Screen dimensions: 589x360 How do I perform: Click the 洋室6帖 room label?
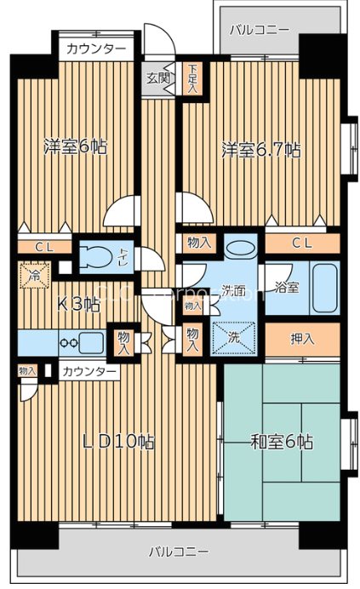[x=76, y=146]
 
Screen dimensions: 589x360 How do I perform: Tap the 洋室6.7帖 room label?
[x=261, y=150]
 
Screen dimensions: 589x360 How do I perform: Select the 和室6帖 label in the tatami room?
[x=282, y=442]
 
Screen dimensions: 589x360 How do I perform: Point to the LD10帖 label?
[x=117, y=442]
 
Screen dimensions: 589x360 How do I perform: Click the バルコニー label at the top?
[x=260, y=28]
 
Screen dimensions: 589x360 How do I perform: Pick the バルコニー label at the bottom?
[x=179, y=552]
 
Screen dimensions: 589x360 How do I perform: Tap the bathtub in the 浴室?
[x=323, y=288]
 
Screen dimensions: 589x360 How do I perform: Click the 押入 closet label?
[x=302, y=339]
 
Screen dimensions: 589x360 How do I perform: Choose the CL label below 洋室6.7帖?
[x=302, y=243]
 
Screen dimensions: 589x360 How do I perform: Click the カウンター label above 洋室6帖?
[x=96, y=49]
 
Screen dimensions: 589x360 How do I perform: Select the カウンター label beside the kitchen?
[x=89, y=371]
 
